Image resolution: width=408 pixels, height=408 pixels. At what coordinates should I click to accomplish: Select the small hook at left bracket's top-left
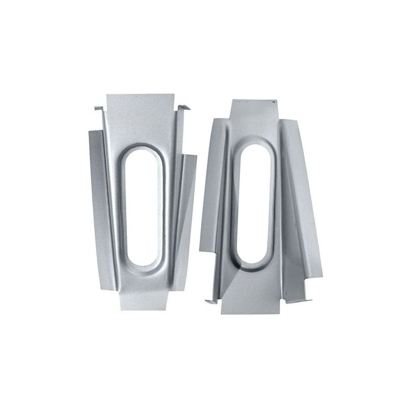coord(99,109)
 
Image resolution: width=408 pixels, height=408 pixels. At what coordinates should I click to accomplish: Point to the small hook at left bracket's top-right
coord(185,108)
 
